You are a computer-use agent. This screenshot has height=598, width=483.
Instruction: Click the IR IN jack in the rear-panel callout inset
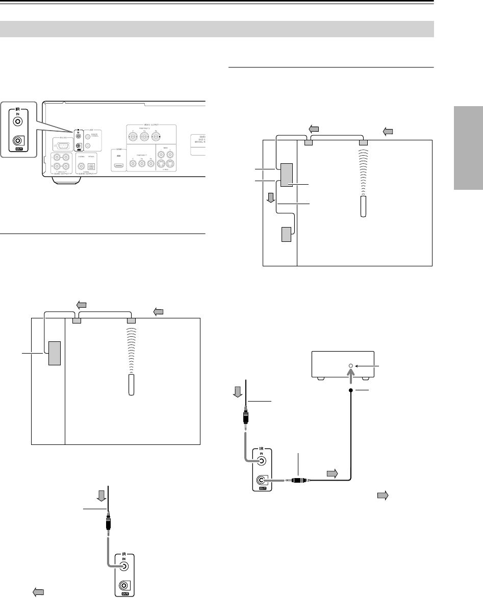point(18,122)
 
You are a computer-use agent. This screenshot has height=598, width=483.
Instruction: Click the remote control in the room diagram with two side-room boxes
point(363,207)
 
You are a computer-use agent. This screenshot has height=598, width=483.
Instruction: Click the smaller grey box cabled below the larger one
point(287,234)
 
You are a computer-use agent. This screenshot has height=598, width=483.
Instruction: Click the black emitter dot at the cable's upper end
point(351,390)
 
